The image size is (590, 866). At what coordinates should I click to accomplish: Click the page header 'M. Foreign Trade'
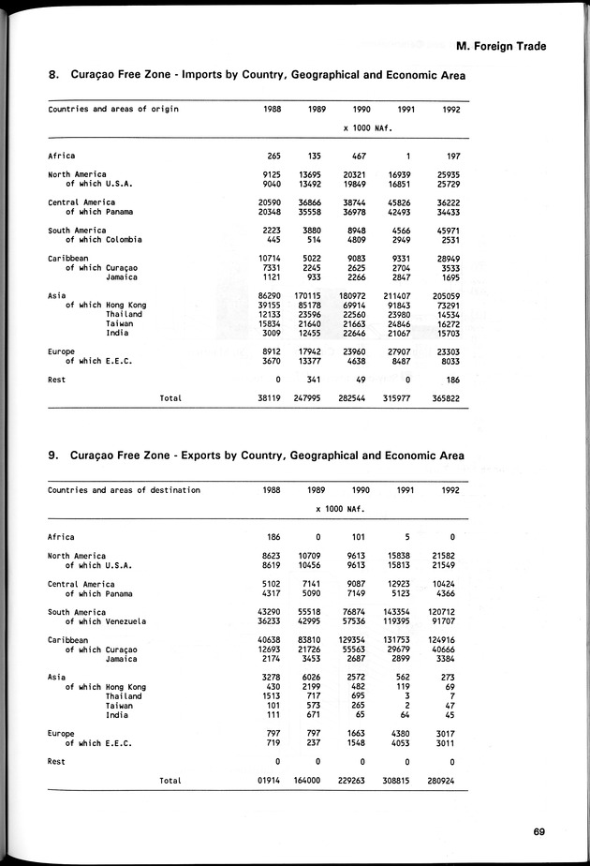[x=501, y=46]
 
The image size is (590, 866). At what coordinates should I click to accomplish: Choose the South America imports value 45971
[x=445, y=231]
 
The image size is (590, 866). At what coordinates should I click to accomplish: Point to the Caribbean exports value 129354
[x=353, y=640]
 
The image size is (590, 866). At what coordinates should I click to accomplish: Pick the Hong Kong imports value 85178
[x=310, y=306]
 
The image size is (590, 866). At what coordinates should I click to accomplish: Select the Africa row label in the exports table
[x=62, y=537]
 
